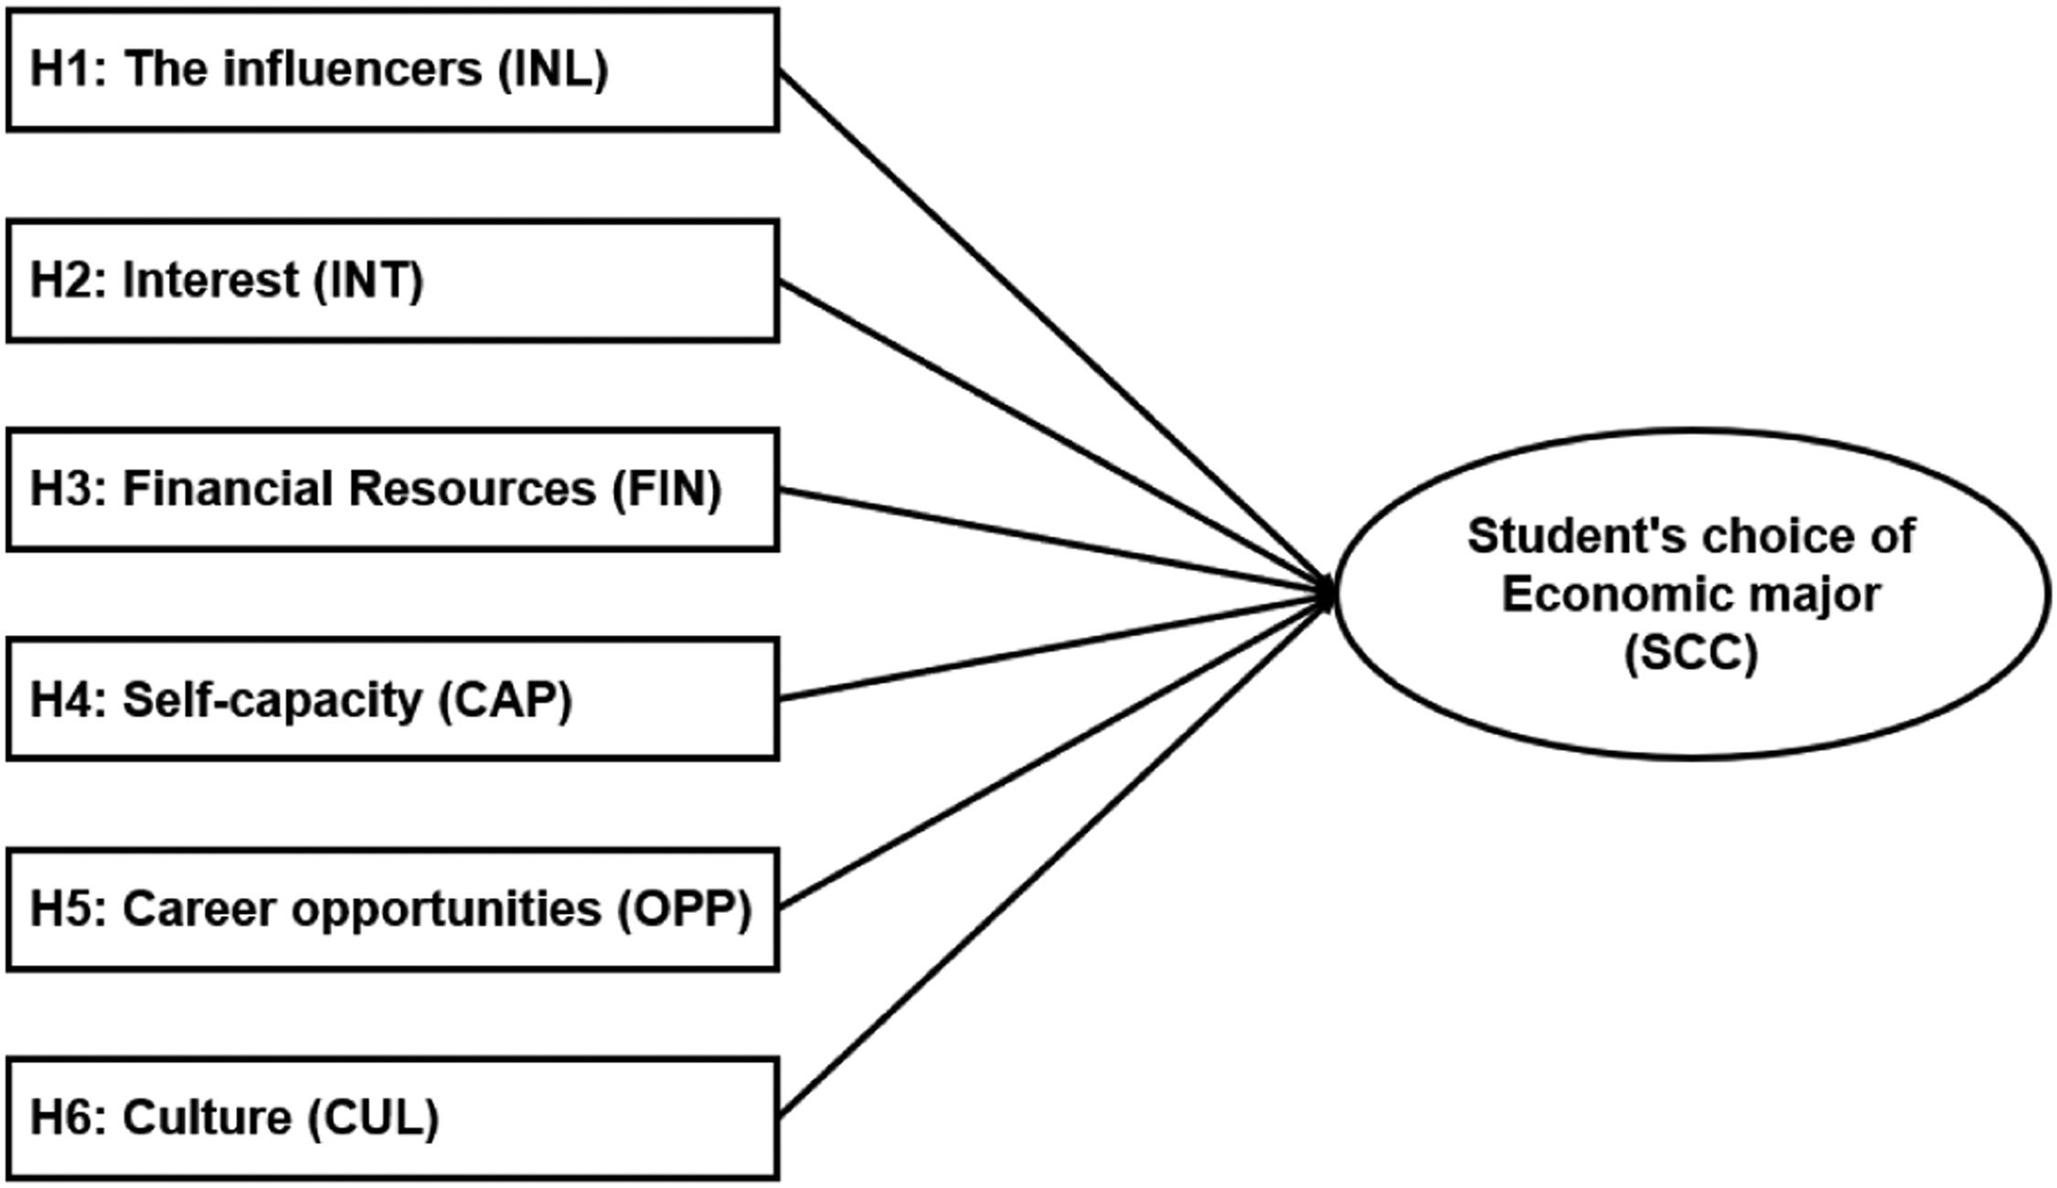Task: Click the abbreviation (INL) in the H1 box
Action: click(553, 69)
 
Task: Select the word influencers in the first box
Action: click(353, 69)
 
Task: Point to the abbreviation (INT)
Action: click(368, 280)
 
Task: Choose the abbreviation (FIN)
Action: click(667, 489)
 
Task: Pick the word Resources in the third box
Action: click(473, 489)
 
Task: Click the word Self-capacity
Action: click(272, 700)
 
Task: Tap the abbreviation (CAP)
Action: click(506, 700)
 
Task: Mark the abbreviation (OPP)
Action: click(684, 909)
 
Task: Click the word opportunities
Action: click(446, 909)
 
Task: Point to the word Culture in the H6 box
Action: click(207, 1118)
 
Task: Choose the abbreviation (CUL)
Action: click(373, 1118)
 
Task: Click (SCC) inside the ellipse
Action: click(1690, 652)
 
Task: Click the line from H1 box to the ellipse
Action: click(1051, 329)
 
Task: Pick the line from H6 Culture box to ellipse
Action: click(1051, 854)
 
